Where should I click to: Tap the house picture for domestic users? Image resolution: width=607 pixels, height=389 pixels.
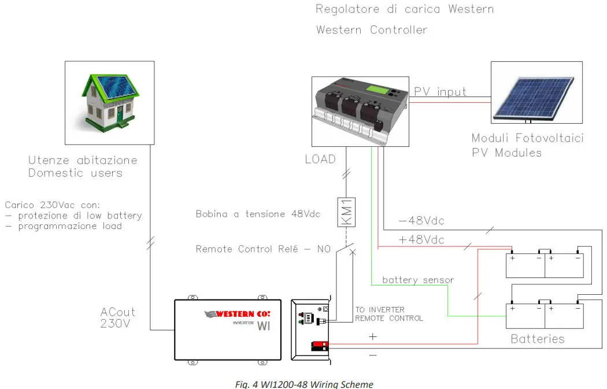click(109, 102)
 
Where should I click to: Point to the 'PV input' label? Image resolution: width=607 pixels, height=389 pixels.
click(440, 92)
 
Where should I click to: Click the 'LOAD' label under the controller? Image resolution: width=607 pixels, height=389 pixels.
click(320, 158)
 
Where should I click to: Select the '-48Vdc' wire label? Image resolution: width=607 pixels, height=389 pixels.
click(421, 221)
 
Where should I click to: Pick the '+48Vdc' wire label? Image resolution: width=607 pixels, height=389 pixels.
click(421, 240)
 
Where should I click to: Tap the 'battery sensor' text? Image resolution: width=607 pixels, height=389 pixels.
click(418, 280)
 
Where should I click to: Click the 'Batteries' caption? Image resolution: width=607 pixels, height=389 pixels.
click(538, 339)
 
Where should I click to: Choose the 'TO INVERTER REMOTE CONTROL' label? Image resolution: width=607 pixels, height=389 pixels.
click(388, 314)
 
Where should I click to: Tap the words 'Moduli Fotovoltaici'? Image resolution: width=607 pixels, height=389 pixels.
click(527, 138)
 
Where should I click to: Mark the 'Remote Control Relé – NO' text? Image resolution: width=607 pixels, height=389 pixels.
click(263, 249)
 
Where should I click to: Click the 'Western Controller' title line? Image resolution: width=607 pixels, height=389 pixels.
click(372, 29)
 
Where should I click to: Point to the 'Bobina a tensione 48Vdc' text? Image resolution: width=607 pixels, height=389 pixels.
click(257, 214)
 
